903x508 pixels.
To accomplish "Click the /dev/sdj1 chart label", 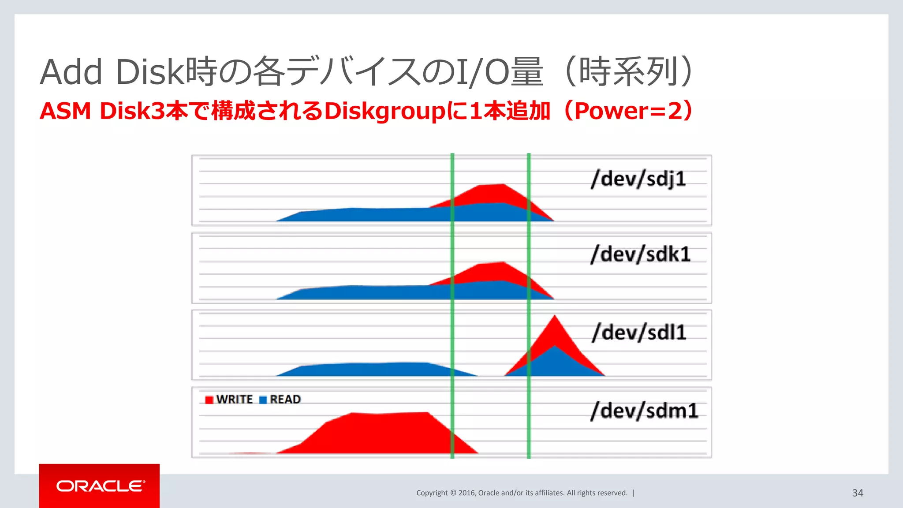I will pyautogui.click(x=638, y=179).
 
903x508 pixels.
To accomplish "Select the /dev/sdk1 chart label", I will pyautogui.click(x=640, y=254).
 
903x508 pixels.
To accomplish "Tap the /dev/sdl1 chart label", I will pyautogui.click(x=639, y=332).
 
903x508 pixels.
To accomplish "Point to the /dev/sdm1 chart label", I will pyautogui.click(x=645, y=411).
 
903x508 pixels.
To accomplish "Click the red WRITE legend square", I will pyautogui.click(x=209, y=400).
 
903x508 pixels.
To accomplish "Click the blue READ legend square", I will pyautogui.click(x=263, y=400).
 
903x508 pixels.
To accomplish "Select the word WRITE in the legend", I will pyautogui.click(x=234, y=400).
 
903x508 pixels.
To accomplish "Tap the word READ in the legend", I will pyautogui.click(x=285, y=400).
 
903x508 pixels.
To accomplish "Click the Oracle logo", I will pyautogui.click(x=100, y=486).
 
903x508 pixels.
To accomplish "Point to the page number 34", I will pyautogui.click(x=857, y=493).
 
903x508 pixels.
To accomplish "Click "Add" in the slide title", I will pyautogui.click(x=71, y=72).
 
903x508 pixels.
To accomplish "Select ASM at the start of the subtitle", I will pyautogui.click(x=65, y=111).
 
